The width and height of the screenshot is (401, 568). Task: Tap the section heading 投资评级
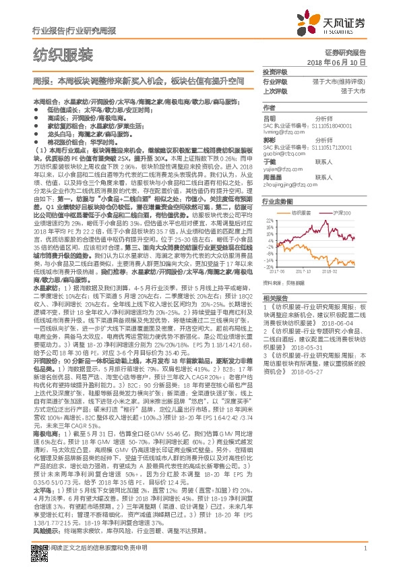(x=275, y=72)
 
